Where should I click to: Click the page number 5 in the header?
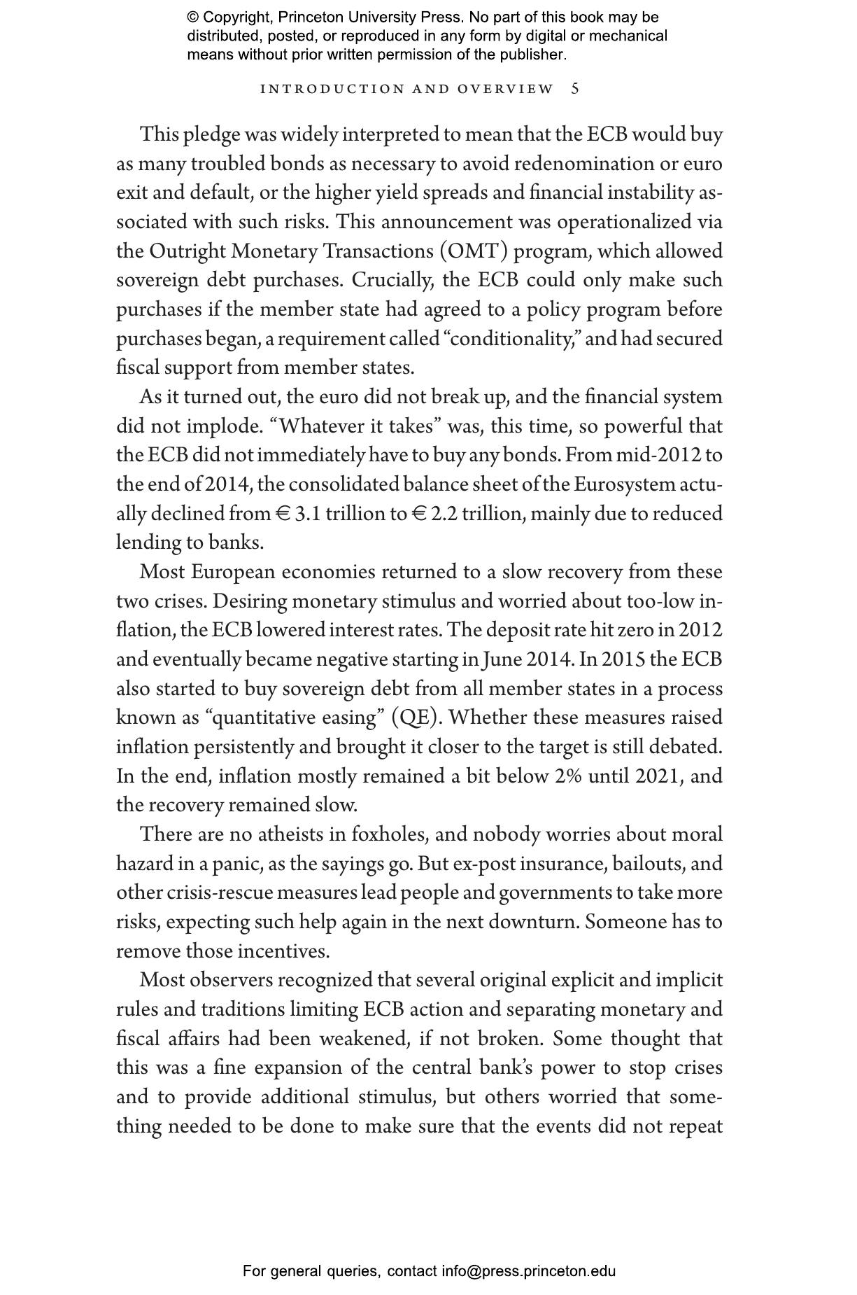point(575,89)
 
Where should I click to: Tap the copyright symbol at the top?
point(193,17)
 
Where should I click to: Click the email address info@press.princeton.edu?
point(528,1271)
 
